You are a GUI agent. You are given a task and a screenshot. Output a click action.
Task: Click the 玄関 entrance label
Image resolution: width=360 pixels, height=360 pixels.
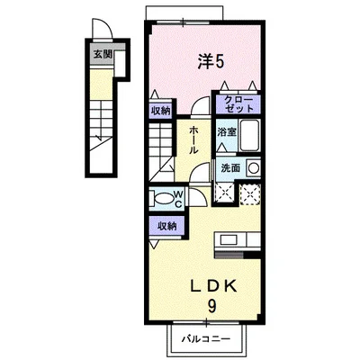[x=103, y=55]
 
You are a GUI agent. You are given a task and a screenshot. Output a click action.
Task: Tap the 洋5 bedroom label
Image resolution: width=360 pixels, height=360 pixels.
[x=211, y=62]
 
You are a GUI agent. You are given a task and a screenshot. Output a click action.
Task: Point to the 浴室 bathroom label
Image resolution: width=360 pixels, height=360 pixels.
[x=227, y=131]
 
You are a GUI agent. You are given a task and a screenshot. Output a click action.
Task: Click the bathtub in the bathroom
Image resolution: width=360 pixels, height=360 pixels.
[x=249, y=136]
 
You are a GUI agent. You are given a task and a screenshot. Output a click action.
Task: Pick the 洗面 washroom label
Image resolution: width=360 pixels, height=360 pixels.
[x=230, y=168]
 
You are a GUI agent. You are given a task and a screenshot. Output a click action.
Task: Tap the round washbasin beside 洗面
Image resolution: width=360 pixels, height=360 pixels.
[x=254, y=168]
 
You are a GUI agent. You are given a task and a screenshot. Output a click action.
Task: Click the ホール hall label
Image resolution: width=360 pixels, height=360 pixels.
[x=193, y=140]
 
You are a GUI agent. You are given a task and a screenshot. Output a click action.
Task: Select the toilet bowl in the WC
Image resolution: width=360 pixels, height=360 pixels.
[x=164, y=198]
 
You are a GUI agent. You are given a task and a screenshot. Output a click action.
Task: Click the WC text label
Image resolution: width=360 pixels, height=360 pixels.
[x=178, y=199]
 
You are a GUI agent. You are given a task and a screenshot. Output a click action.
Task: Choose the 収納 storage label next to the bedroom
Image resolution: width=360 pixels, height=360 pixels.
[x=160, y=111]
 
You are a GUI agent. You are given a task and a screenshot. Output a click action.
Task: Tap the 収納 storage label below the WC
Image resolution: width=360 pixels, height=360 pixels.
[x=167, y=226]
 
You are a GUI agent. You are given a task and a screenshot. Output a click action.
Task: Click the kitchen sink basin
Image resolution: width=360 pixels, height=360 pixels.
[x=229, y=240]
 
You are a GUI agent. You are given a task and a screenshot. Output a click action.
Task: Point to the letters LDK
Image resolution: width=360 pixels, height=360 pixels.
[x=214, y=287]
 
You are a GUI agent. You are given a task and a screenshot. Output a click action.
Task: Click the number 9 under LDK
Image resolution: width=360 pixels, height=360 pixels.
[x=211, y=306]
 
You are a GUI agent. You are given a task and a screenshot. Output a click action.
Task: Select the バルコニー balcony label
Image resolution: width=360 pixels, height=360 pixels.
[x=206, y=339]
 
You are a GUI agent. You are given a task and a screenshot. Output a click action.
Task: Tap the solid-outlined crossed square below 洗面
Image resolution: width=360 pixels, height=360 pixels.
[x=225, y=192]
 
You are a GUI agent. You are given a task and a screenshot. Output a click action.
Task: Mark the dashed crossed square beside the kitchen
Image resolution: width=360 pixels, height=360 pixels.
[x=250, y=194]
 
